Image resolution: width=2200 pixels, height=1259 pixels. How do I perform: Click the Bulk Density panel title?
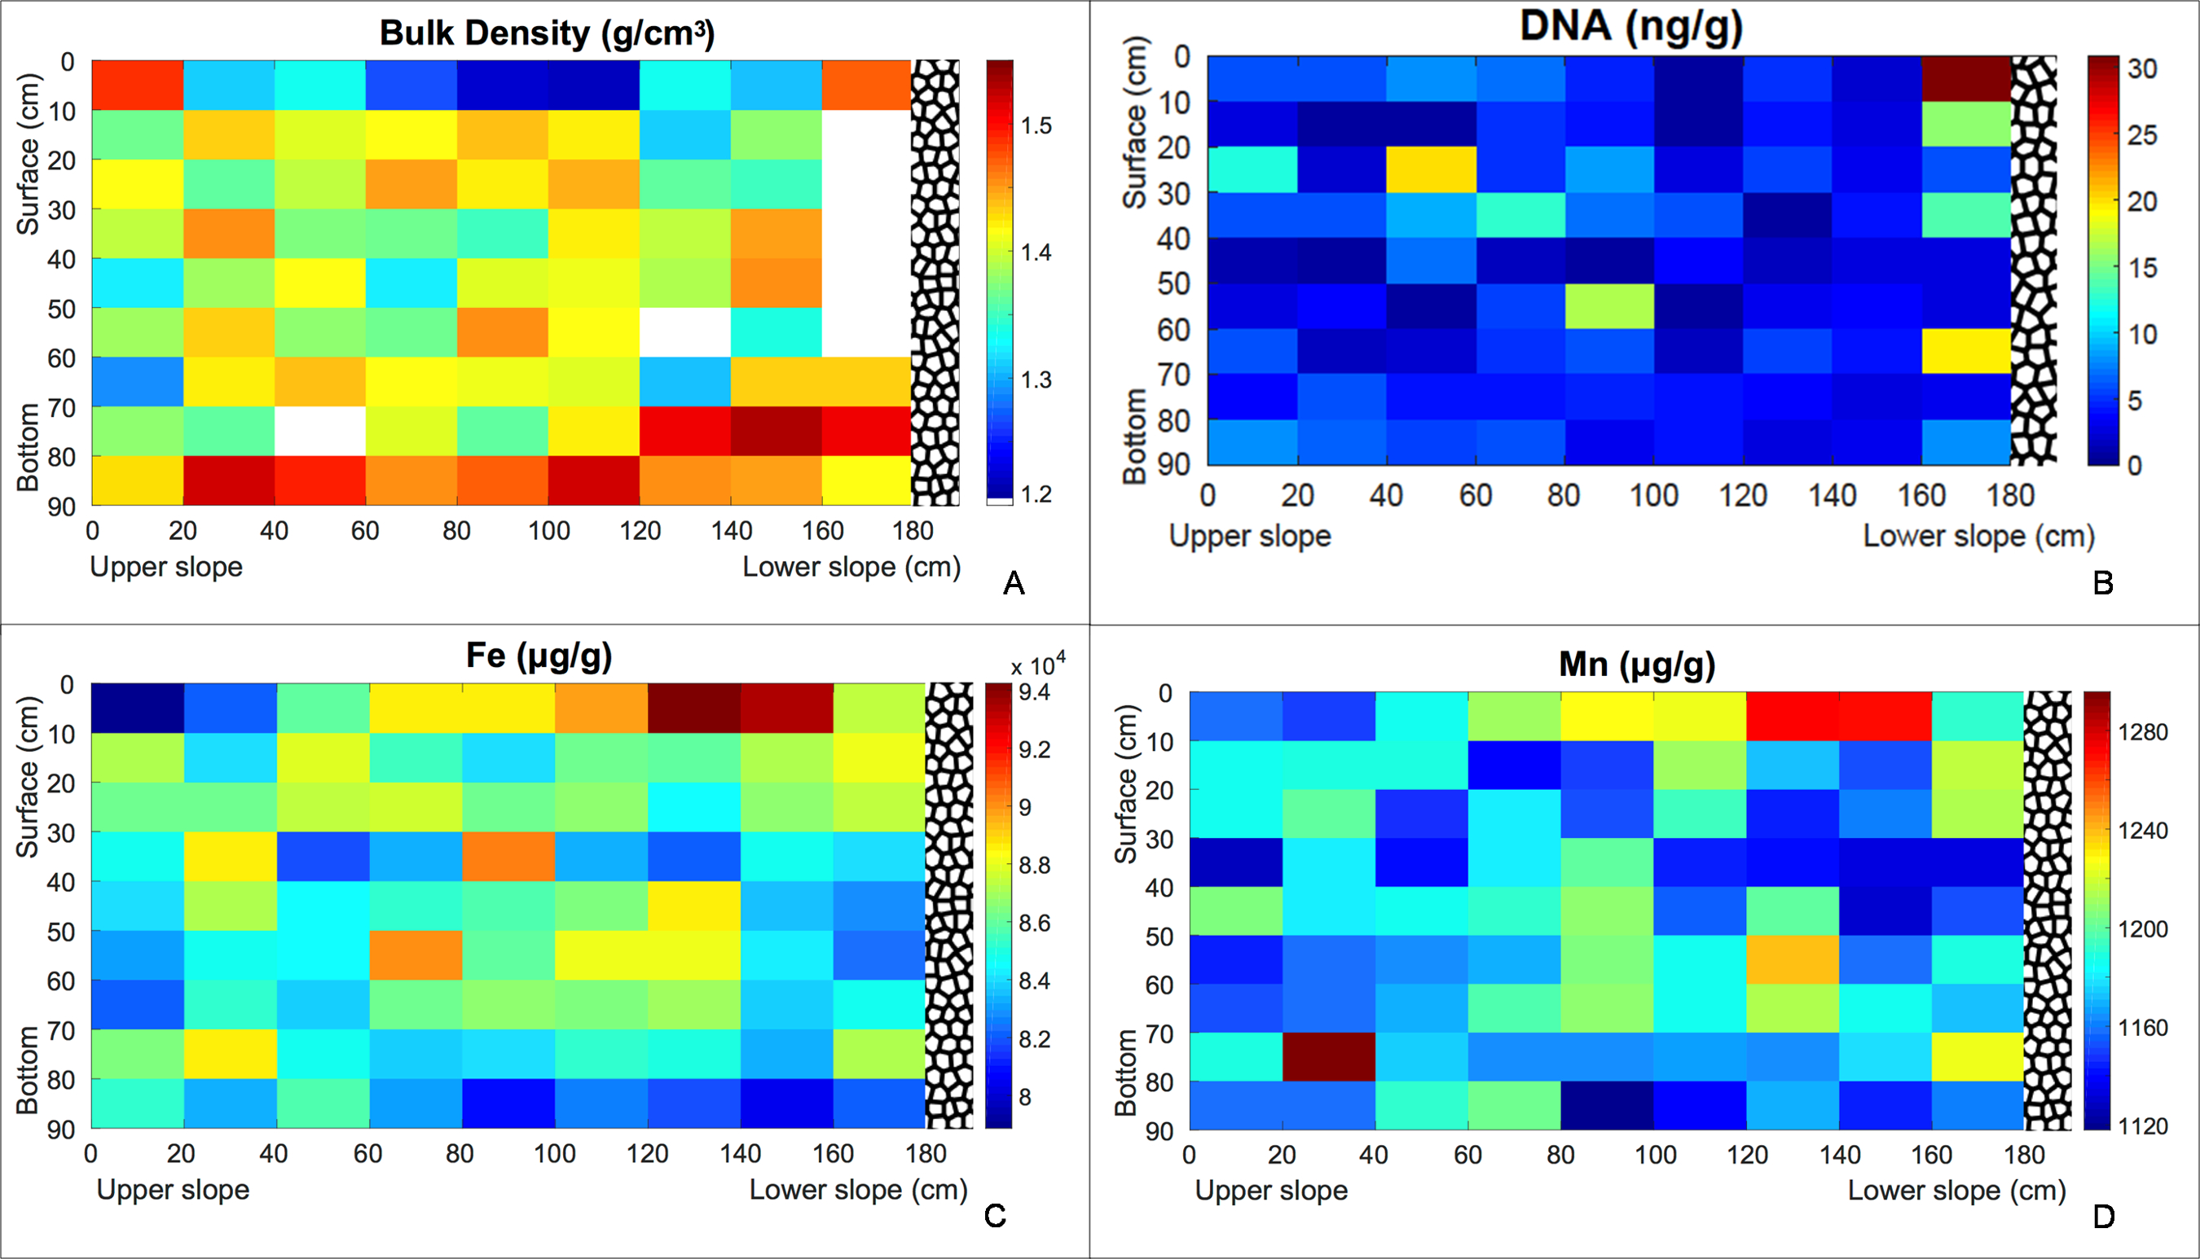[547, 33]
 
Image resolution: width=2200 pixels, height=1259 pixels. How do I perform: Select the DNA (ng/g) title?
[1630, 26]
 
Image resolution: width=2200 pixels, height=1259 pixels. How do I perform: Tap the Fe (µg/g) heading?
[539, 656]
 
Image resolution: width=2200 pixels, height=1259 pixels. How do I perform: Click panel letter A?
[1013, 584]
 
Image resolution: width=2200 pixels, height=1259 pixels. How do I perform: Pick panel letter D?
[2103, 1217]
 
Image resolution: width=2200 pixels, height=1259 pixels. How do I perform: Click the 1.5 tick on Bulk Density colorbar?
[1036, 126]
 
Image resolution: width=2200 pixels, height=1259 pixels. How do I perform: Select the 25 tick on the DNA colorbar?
[2142, 135]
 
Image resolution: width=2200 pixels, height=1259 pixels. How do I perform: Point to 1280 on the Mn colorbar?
[2142, 732]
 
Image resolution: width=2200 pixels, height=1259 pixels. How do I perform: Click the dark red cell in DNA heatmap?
[1965, 79]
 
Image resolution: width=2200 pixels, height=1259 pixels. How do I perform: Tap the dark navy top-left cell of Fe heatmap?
[137, 708]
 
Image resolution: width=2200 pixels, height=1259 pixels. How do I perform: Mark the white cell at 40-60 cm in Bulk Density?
[320, 431]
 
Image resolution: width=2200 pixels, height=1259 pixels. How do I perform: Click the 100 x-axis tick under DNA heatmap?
[1653, 495]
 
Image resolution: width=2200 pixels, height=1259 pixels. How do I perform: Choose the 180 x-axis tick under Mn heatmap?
[2023, 1155]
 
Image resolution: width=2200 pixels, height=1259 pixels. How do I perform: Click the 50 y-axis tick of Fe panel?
[62, 932]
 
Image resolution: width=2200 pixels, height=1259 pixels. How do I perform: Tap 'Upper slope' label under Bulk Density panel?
[166, 568]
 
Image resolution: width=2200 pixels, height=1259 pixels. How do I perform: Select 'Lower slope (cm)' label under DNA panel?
[1978, 536]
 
